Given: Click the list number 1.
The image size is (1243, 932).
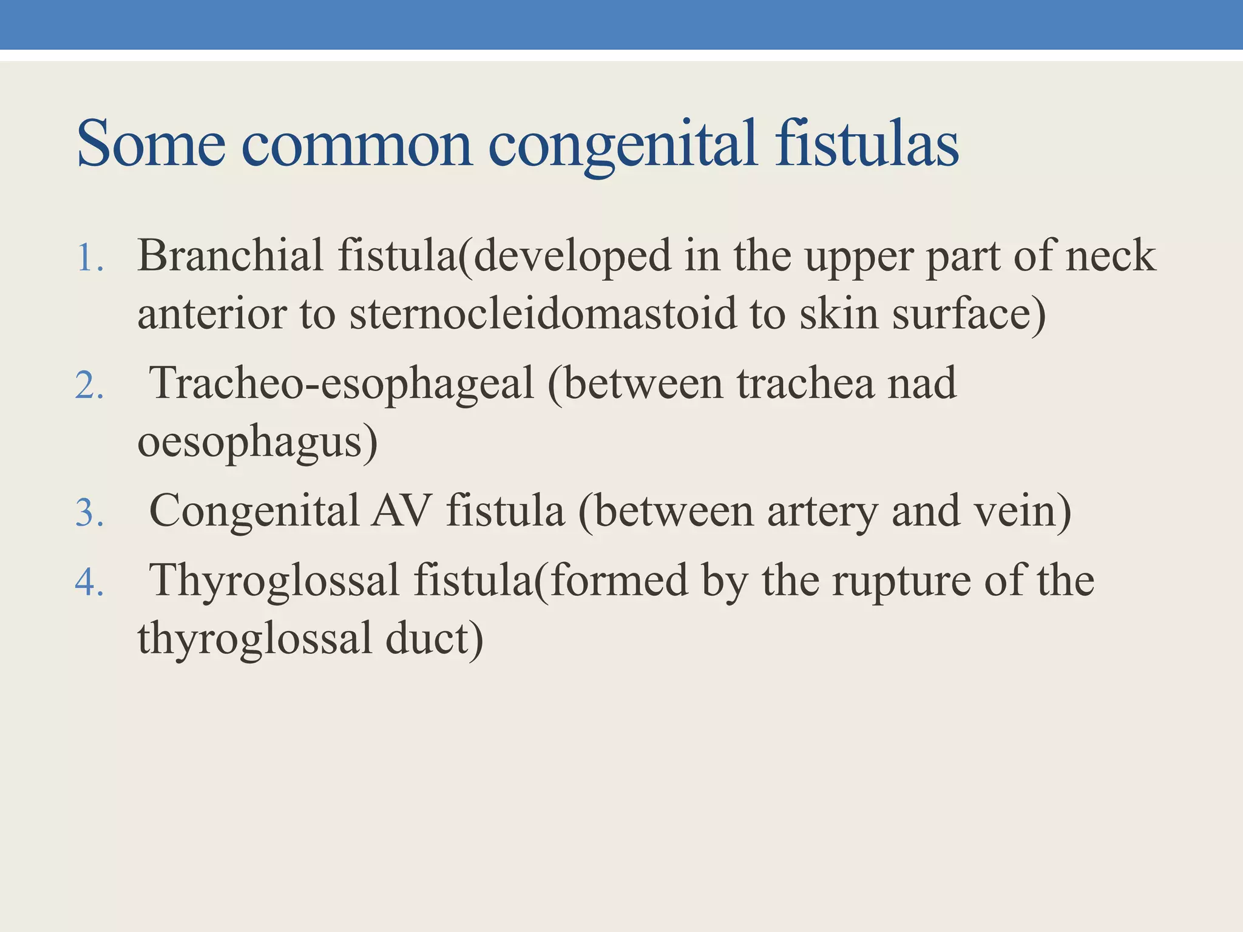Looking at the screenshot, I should coord(89,258).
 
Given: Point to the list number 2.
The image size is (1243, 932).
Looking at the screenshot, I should coord(89,386).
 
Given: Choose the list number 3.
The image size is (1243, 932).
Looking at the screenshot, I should coord(89,513).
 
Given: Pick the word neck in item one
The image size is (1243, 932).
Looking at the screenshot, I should coord(1111,255).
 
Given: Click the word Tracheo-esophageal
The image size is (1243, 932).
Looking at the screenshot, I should coord(342,383).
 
